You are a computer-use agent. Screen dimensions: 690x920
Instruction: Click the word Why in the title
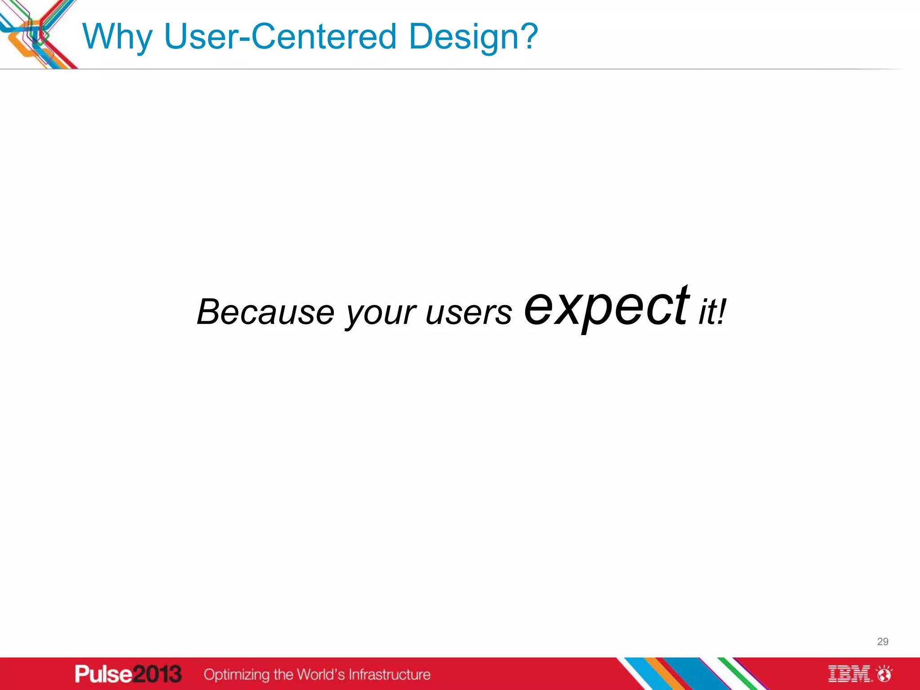(118, 37)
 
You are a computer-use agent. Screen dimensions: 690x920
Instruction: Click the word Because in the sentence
(265, 312)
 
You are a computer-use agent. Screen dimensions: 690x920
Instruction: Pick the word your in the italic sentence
(380, 313)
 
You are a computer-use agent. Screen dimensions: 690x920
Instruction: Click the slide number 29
(882, 641)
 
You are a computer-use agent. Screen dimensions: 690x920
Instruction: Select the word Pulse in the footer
(104, 674)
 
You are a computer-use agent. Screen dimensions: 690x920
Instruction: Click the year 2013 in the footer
(157, 674)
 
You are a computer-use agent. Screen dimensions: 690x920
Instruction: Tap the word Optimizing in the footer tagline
(236, 674)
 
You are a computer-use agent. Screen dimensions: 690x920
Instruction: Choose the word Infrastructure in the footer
(389, 674)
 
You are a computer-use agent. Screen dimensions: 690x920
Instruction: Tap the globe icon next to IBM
(885, 674)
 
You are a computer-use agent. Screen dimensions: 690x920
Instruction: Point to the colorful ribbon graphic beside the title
(36, 34)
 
